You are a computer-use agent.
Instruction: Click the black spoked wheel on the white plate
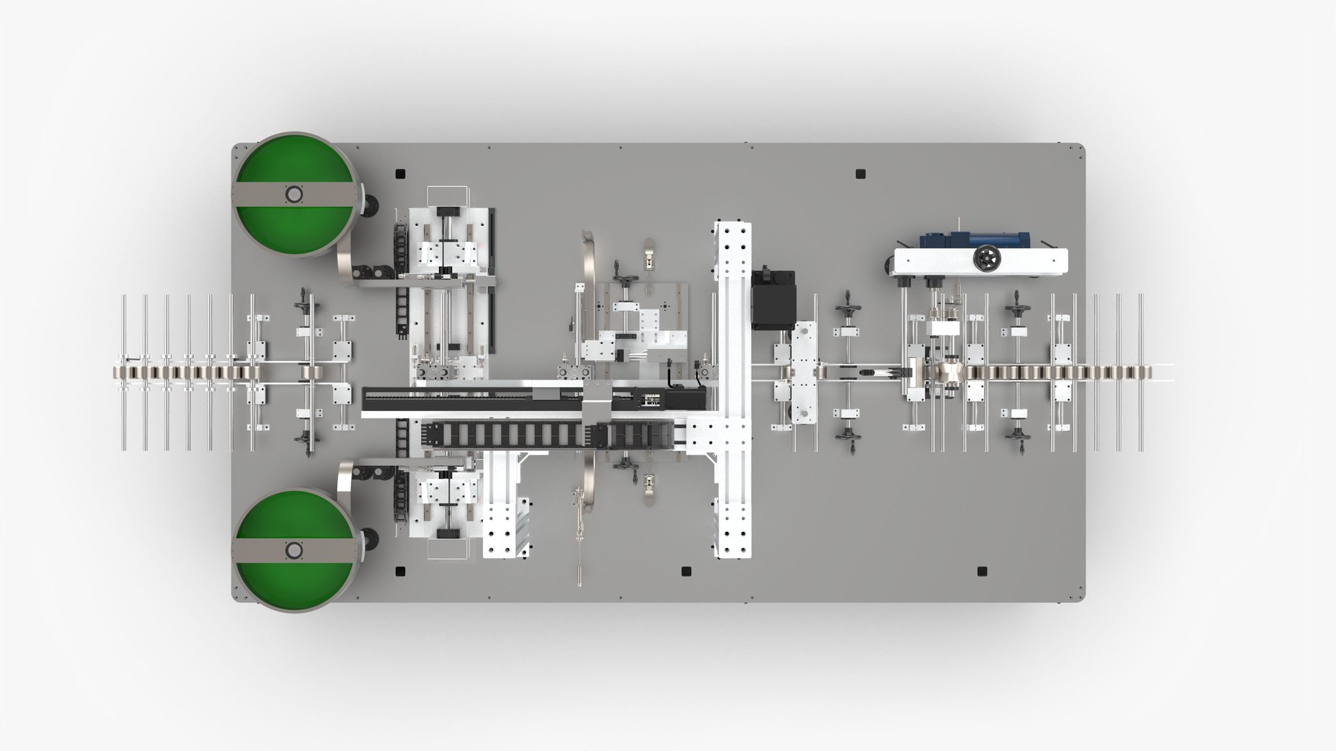click(x=986, y=259)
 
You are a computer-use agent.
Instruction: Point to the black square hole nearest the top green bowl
click(x=399, y=173)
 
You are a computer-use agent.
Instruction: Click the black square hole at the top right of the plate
click(x=860, y=172)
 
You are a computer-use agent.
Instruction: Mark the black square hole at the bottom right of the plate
click(x=982, y=572)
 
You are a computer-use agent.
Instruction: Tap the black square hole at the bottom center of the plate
click(x=685, y=572)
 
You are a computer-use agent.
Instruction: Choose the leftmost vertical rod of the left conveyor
click(x=124, y=372)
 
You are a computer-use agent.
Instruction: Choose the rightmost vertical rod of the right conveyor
click(x=1140, y=372)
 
